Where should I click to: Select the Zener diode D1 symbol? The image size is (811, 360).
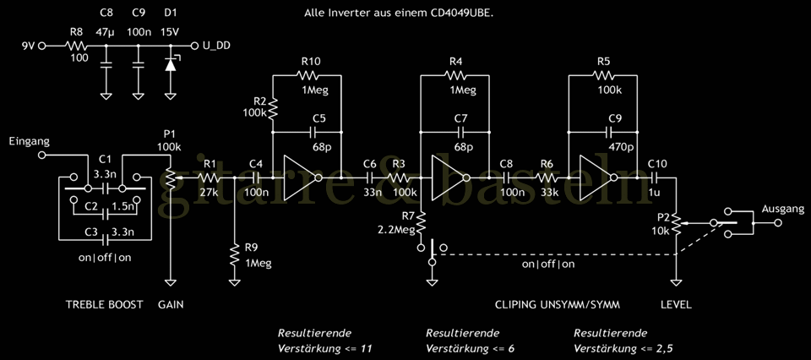tap(171, 63)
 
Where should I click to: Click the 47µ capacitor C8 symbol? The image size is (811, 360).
tap(106, 63)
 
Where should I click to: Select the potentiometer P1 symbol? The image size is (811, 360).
tap(171, 178)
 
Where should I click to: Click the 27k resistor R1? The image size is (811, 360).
tap(209, 178)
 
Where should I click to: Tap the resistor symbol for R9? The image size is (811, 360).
tap(234, 254)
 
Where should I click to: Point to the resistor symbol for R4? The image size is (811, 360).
tap(456, 74)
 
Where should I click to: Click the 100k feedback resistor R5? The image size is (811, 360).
tap(603, 74)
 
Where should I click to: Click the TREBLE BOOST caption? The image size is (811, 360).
tap(103, 304)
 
